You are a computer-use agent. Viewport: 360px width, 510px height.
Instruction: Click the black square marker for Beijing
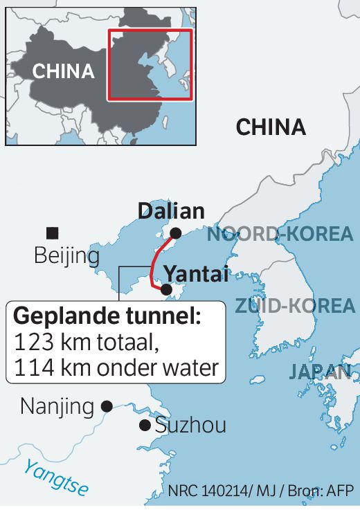[52, 233]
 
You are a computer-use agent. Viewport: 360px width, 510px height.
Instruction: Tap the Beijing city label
[67, 257]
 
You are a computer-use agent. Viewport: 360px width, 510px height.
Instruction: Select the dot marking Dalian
[176, 233]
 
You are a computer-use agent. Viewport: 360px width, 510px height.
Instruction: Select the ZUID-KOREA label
[295, 305]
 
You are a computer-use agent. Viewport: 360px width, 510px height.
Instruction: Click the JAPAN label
[320, 372]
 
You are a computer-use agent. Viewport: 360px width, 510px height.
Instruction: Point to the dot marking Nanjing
[107, 407]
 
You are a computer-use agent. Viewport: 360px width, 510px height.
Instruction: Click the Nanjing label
[57, 406]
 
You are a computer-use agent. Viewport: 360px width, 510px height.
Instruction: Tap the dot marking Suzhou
[145, 425]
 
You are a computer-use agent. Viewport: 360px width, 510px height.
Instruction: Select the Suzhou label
[190, 426]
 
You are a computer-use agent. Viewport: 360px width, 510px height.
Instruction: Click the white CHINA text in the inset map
[64, 71]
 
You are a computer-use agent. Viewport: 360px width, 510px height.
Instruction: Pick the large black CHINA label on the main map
[271, 127]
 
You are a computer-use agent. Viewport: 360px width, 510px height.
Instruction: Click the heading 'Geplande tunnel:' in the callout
[107, 318]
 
